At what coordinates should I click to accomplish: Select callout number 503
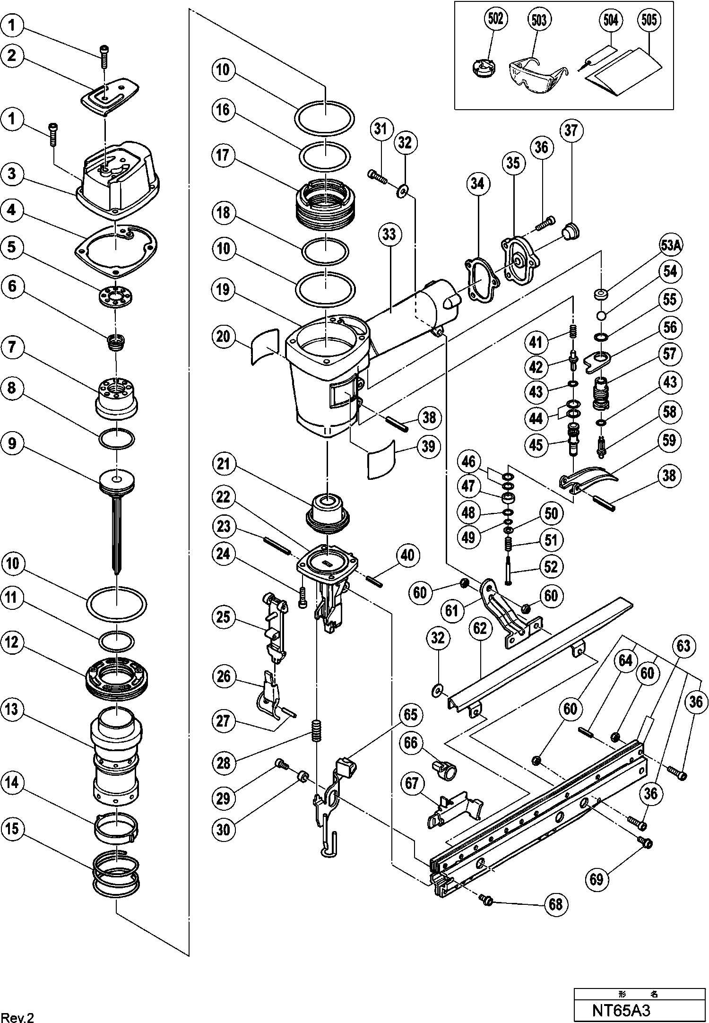(539, 20)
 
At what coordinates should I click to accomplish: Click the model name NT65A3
(622, 1010)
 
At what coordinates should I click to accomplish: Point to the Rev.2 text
(19, 1014)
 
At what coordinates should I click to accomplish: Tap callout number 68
(556, 903)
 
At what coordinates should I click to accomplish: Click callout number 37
(571, 130)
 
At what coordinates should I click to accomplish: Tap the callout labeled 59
(669, 441)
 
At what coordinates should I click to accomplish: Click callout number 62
(479, 629)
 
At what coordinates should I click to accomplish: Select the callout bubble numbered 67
(412, 783)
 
